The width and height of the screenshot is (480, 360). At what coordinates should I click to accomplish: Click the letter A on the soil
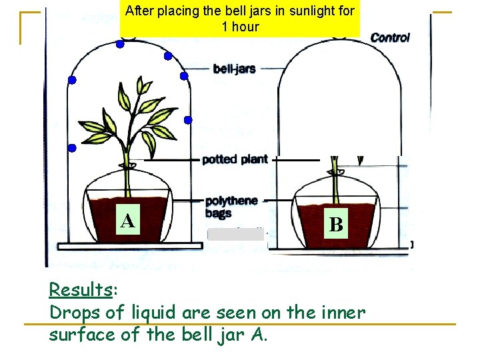coord(128,221)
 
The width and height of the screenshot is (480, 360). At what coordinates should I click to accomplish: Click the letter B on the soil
coord(337,225)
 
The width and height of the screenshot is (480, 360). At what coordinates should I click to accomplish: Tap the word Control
coord(390,37)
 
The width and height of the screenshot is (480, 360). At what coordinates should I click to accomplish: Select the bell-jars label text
coord(234,69)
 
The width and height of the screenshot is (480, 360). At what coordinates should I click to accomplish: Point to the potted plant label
coord(235,159)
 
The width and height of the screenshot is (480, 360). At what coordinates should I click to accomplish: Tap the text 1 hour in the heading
coord(240,27)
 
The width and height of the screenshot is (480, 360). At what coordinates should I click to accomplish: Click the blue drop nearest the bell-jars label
coord(184,77)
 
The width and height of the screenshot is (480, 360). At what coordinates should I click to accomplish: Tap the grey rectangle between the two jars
coord(237,234)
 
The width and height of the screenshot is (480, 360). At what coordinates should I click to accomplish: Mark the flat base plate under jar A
coord(130,246)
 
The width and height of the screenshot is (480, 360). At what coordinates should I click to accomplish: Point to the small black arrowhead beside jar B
coord(361,161)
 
